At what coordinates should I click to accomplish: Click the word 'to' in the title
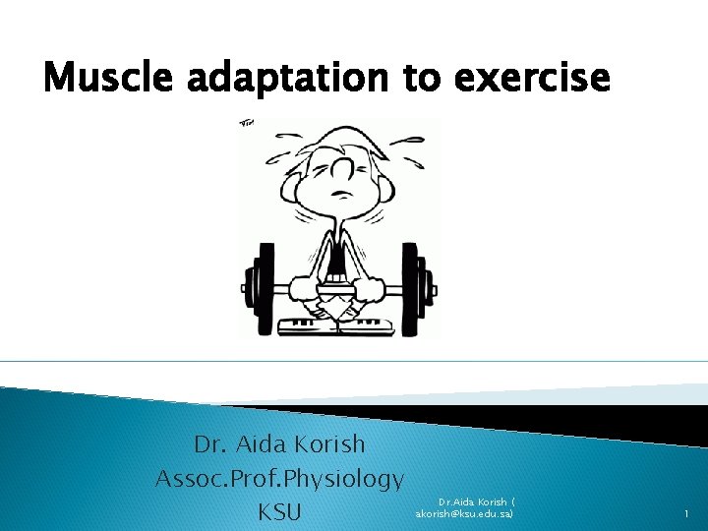pyautogui.click(x=424, y=76)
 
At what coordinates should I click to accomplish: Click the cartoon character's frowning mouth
pyautogui.click(x=340, y=194)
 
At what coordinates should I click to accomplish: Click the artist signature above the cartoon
pyautogui.click(x=247, y=123)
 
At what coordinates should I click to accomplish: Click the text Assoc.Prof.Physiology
pyautogui.click(x=279, y=479)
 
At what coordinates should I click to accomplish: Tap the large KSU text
pyautogui.click(x=280, y=512)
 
